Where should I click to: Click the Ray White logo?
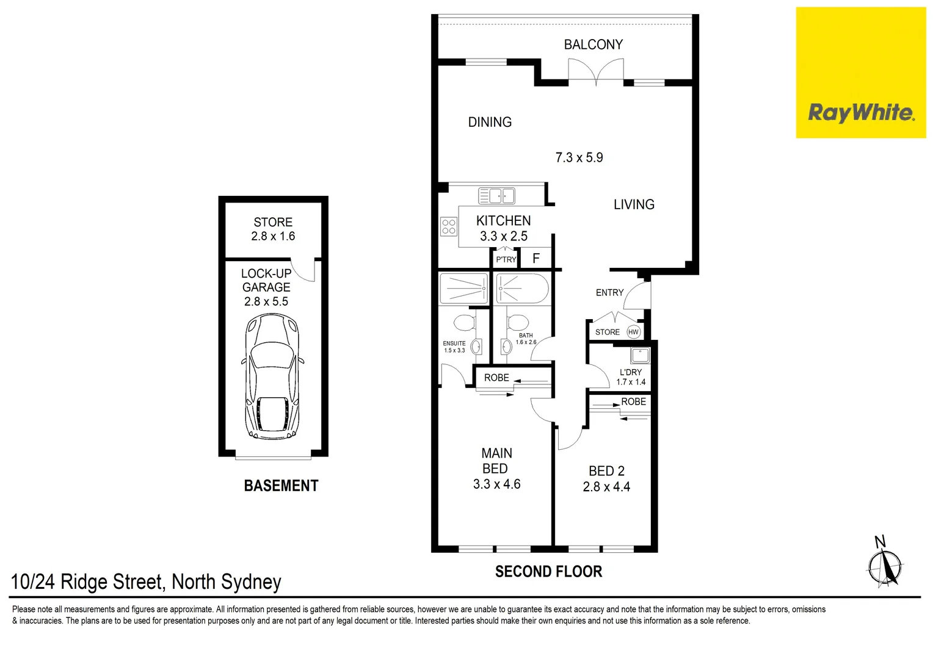pos(860,113)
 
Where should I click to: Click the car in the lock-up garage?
pos(272,376)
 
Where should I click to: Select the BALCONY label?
pos(593,45)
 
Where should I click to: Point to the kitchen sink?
pos(496,195)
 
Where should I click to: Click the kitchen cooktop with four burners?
pos(449,227)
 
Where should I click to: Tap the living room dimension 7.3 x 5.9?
pos(579,157)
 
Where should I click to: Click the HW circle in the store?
pos(633,332)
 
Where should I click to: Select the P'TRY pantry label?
pos(506,260)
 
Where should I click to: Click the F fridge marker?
pos(536,259)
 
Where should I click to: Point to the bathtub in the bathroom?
pos(523,288)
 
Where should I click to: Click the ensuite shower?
pos(463,288)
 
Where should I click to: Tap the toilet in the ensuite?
pos(464,322)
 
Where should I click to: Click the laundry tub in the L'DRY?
pos(640,355)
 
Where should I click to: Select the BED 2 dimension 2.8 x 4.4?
pos(606,487)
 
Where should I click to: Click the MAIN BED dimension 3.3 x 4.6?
pos(496,484)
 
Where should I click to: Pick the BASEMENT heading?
pos(281,486)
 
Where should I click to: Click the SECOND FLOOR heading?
pos(548,572)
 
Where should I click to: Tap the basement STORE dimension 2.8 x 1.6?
pos(273,236)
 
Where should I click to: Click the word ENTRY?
pos(609,293)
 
